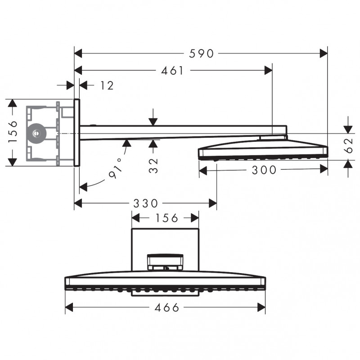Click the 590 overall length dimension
point(201,54)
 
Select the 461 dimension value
point(172,71)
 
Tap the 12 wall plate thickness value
point(107,85)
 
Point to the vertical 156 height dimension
point(13,131)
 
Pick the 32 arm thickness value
point(153,165)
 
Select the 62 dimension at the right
point(348,145)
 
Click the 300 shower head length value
point(264,170)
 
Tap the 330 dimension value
point(145,203)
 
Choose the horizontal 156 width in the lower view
point(167,218)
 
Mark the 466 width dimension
point(166,308)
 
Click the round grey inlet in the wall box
point(36,133)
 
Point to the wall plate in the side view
point(76,132)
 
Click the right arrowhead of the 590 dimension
point(324,54)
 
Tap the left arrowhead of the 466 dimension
point(69,308)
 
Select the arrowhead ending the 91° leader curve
point(83,187)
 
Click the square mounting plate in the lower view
point(165,250)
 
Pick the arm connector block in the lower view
point(165,262)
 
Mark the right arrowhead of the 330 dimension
point(213,203)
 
